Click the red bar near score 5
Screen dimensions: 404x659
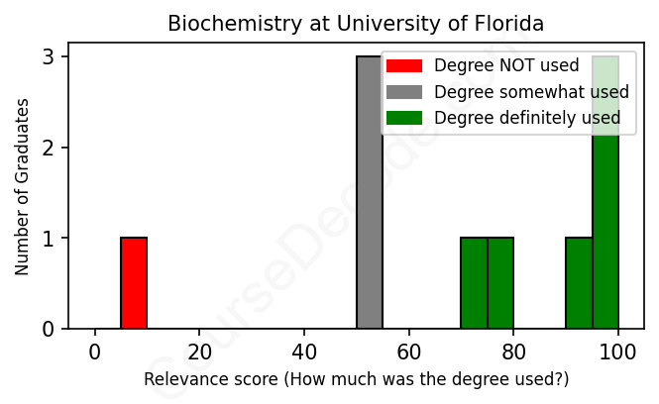tap(134, 283)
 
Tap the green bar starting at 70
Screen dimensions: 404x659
tap(474, 283)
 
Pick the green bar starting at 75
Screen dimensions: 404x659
tap(500, 283)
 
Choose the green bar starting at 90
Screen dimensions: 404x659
tap(579, 283)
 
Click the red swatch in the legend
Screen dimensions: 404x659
tap(404, 66)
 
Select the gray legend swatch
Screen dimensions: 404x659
tap(404, 92)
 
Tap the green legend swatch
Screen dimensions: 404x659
tap(404, 118)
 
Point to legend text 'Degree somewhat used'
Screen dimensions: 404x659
tap(531, 92)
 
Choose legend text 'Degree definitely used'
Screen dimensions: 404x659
tap(527, 118)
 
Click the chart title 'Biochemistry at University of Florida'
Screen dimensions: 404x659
tap(356, 23)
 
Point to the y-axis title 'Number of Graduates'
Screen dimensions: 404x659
tap(22, 185)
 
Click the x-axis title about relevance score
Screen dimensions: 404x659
tap(356, 380)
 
